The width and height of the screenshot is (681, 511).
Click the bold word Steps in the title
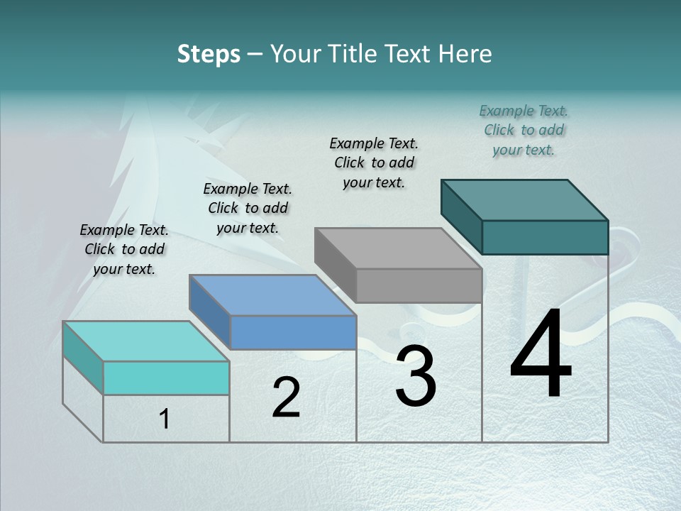pos(209,54)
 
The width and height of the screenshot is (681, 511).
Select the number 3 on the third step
pos(416,376)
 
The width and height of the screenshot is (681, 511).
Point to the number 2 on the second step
pos(286,397)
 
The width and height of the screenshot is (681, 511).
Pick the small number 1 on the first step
pos(165,419)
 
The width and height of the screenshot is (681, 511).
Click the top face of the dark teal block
pos(525,199)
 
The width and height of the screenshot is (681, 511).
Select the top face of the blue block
pos(272,295)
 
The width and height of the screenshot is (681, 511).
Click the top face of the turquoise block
pos(146,341)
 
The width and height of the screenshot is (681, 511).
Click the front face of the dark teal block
pos(545,237)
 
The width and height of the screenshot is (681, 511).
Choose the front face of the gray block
pos(419,285)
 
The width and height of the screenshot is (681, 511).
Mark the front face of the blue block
pos(293,332)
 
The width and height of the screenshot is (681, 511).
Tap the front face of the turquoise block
pos(166,378)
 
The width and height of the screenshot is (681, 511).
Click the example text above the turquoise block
pos(124,249)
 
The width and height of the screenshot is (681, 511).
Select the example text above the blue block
pos(248,208)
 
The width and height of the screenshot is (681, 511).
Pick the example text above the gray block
pos(374,163)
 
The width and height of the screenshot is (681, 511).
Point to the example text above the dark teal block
pos(524,130)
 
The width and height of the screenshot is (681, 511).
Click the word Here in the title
pos(465,54)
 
